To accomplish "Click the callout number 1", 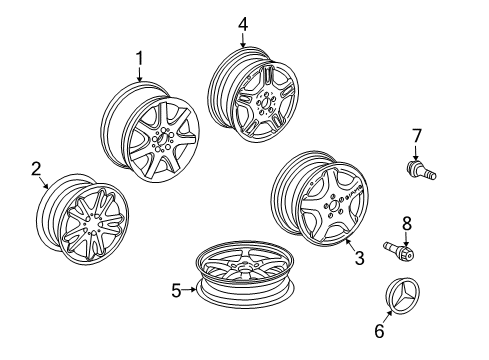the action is tap(139, 58).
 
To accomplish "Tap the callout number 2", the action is tap(36, 169).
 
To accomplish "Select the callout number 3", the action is tap(359, 258).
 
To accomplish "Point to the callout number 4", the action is tap(243, 24).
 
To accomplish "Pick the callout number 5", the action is tap(176, 290).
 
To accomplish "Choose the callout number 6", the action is tap(379, 331).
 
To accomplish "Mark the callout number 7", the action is tap(416, 136).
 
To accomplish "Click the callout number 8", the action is tap(407, 224).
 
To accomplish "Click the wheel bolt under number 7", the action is tap(421, 170).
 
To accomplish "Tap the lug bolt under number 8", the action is tap(399, 251).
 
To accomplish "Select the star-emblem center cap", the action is tap(403, 293).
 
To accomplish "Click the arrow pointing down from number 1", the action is tap(139, 74).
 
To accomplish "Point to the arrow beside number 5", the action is tap(190, 290).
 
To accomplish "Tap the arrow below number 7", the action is tap(416, 152).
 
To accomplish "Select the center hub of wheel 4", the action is tap(265, 102).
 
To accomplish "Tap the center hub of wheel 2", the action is tap(94, 224).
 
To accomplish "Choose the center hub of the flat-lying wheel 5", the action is tap(245, 266).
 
